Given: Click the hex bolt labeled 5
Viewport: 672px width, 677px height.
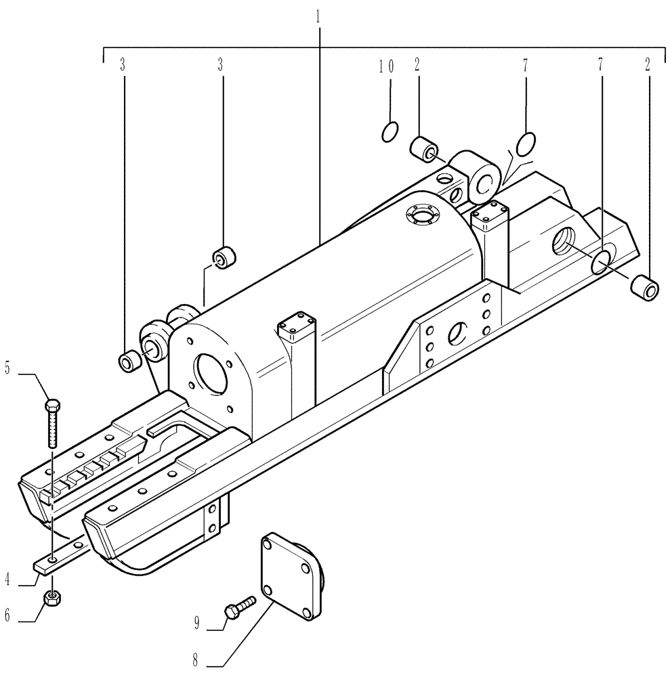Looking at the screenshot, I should pos(52,423).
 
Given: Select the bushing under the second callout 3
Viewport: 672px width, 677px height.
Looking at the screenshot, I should pos(224,258).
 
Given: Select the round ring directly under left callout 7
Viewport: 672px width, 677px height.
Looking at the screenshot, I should pos(526,144).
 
